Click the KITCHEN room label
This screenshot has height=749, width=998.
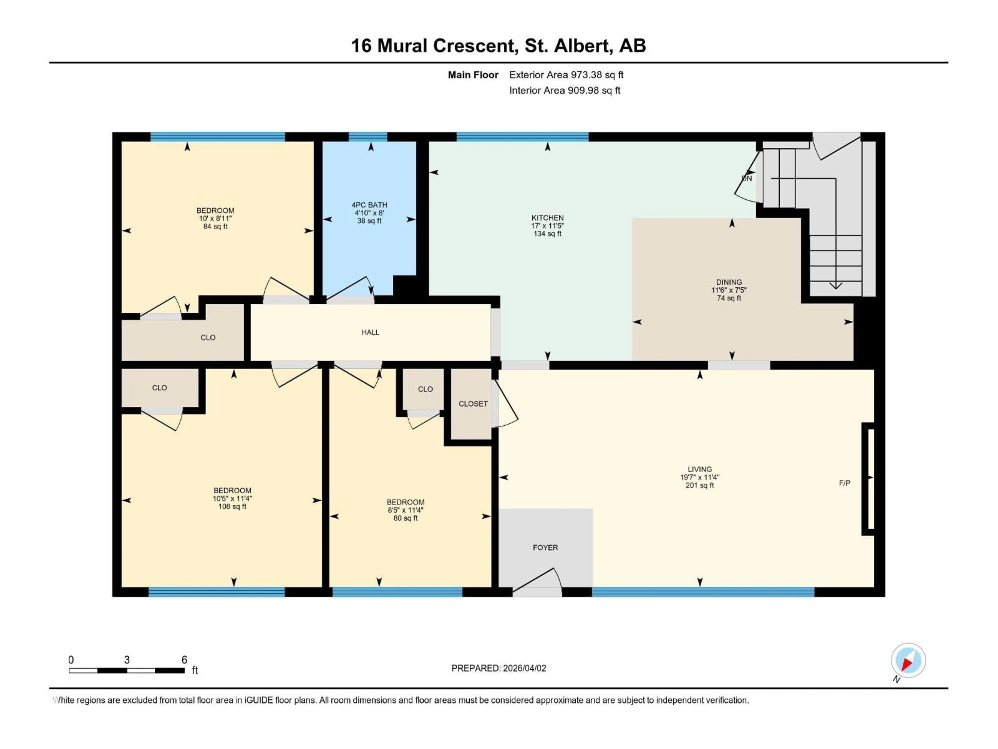coord(547,218)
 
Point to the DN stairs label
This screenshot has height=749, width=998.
coord(747,178)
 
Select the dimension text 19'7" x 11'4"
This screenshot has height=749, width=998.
coord(699,477)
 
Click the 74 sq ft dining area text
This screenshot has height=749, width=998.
coord(729,298)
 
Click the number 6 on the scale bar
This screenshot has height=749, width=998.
coord(184,660)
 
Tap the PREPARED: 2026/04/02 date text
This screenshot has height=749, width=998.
coord(498,668)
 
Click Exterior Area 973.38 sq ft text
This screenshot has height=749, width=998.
coord(566,75)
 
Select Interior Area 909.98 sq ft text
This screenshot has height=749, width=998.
coord(564,90)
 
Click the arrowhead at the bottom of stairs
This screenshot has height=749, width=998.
coord(836,285)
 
